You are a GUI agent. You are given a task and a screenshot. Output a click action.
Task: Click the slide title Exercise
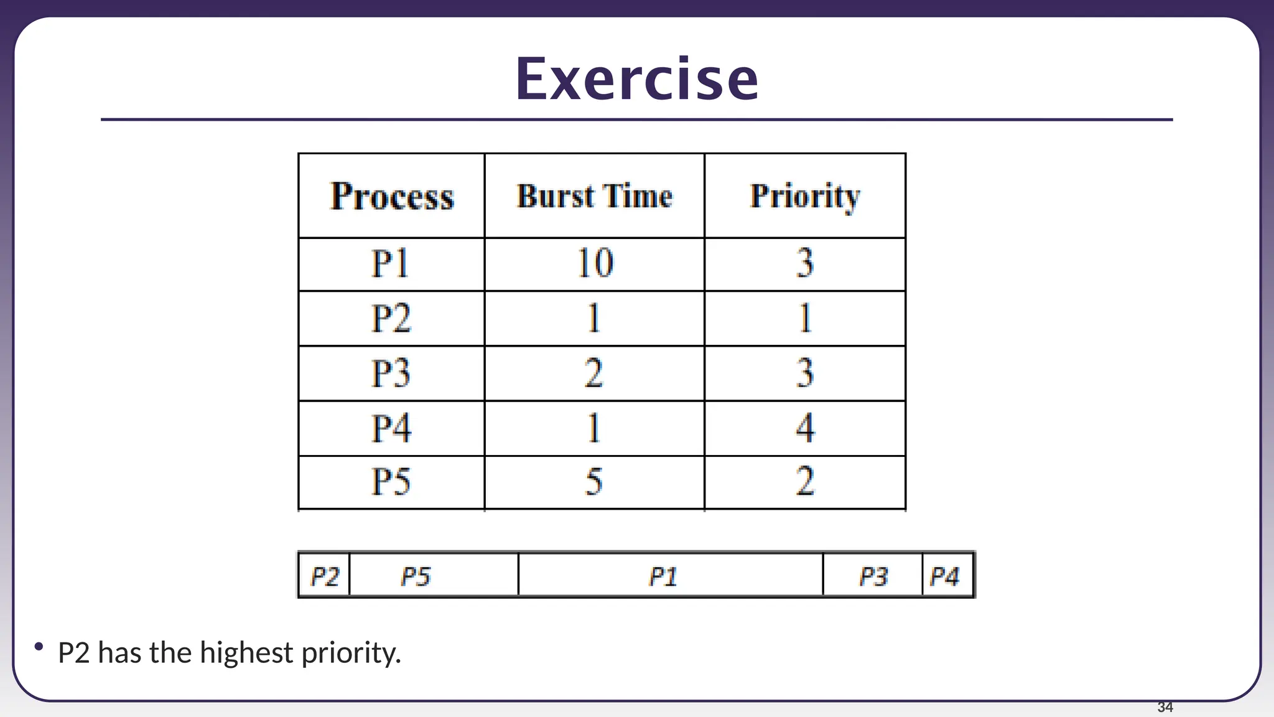pos(636,79)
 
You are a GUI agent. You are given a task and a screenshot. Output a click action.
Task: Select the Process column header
pos(391,197)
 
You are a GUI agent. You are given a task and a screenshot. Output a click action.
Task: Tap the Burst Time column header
pos(594,197)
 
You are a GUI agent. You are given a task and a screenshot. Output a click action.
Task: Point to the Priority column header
pos(805,197)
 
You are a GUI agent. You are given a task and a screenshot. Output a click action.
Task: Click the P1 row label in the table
pos(391,263)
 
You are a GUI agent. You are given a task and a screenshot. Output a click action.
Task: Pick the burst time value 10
pos(595,263)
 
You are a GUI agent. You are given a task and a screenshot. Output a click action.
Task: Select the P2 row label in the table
pos(391,318)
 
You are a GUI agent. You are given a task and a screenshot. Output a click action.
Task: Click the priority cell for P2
pos(805,318)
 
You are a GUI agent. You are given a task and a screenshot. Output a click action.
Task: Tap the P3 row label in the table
pos(391,373)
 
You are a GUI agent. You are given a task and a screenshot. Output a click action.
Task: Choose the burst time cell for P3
pos(594,373)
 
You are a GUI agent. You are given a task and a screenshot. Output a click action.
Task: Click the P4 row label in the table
pos(391,428)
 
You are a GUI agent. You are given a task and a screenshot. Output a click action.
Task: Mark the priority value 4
pos(805,428)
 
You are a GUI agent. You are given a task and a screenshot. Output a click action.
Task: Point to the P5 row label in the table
pos(391,482)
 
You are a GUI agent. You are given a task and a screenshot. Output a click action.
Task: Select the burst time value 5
pos(594,482)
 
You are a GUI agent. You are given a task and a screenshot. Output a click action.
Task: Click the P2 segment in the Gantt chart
pos(324,576)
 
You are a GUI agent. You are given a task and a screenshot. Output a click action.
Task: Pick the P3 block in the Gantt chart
pos(872,576)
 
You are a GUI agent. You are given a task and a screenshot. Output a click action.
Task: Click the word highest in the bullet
pos(246,653)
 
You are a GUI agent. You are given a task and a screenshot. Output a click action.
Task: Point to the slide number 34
pos(1165,707)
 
